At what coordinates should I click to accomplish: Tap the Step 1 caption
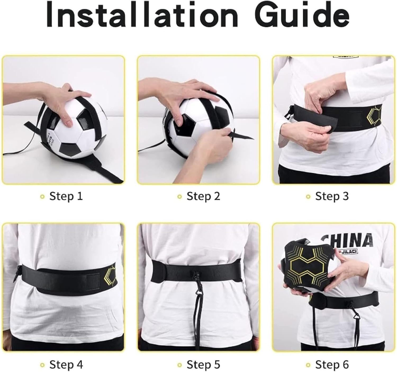point(66,196)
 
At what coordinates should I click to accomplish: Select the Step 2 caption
point(203,196)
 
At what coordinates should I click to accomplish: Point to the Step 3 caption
point(332,196)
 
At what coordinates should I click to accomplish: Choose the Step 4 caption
point(66,365)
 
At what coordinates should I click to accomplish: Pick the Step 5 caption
point(203,365)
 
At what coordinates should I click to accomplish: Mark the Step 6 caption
point(332,365)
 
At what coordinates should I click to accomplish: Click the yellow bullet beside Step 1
point(42,197)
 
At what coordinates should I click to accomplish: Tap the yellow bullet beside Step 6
point(308,365)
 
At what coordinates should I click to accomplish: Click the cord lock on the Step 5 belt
point(197,274)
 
